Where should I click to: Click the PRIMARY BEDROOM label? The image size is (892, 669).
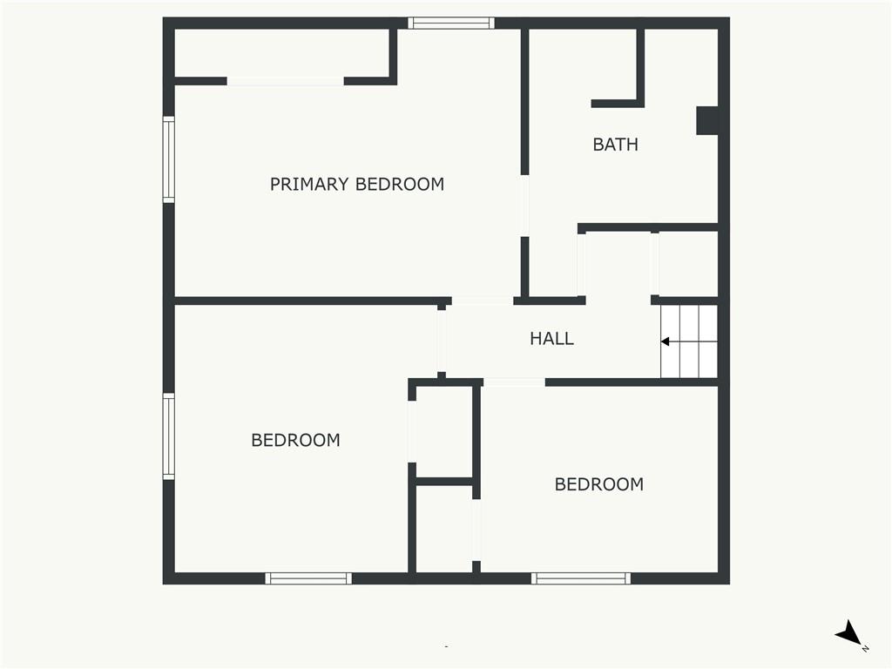click(x=356, y=185)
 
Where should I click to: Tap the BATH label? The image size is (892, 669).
click(x=616, y=145)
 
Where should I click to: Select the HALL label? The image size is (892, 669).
click(x=551, y=339)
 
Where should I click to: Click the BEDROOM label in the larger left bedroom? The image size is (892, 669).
click(x=296, y=440)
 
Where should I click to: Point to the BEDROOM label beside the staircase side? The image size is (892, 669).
click(x=599, y=484)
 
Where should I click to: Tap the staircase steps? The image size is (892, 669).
click(x=689, y=341)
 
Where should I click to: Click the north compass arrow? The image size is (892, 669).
click(x=848, y=632)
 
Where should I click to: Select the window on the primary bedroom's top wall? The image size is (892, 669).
click(x=451, y=24)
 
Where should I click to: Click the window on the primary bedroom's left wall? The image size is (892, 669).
click(x=169, y=159)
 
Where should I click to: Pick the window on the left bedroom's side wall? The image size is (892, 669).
click(x=169, y=436)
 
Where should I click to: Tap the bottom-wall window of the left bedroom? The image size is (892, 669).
click(x=308, y=578)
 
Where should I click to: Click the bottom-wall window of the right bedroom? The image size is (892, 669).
click(x=581, y=578)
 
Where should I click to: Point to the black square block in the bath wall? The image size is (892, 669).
click(x=707, y=120)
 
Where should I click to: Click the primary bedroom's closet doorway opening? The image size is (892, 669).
click(x=286, y=81)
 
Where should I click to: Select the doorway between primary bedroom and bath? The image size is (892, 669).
click(x=524, y=206)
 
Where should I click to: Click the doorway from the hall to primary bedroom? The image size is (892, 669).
click(x=483, y=301)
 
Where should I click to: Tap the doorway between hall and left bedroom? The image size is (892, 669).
click(x=442, y=341)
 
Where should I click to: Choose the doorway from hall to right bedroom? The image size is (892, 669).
click(x=514, y=382)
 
